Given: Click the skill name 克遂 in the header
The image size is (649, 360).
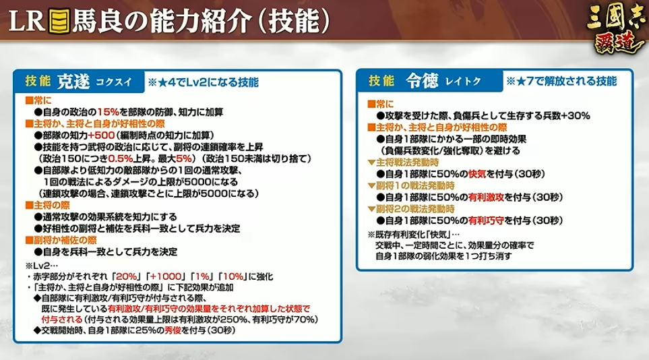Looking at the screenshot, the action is pos(73,82).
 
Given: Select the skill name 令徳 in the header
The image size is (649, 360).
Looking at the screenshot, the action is pos(421,81).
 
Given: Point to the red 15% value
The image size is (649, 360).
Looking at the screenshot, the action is pos(108,112).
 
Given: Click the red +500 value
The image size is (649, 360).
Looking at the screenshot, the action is pos(101,135).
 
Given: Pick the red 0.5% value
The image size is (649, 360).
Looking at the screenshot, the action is pos(120,158).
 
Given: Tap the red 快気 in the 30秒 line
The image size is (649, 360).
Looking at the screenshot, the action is pos(477,174).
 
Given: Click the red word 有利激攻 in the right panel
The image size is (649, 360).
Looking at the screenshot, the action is pos(486,198).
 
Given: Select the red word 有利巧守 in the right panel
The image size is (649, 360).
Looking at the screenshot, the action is pos(486,220).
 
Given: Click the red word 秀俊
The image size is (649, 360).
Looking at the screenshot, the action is pos(173,330).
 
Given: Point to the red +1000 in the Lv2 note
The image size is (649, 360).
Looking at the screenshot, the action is pos(166,276).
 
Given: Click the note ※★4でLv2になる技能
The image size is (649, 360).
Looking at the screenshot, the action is pos(204,82).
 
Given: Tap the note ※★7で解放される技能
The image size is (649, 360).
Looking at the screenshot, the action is pos(561,81).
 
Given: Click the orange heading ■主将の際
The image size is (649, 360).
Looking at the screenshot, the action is pos(48,205).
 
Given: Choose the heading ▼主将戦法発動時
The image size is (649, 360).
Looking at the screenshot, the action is pos(403,162).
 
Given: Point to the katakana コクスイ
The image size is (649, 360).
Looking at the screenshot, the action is pos(114,82).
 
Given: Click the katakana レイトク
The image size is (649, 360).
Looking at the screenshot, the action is pos(463,81).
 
